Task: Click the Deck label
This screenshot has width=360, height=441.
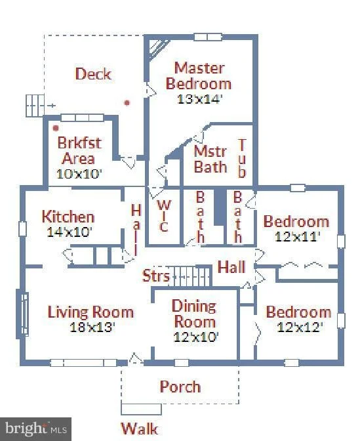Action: click(x=94, y=74)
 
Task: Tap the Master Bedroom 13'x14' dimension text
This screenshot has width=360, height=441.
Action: click(x=200, y=99)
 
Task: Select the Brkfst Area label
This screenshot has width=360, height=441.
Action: click(x=79, y=150)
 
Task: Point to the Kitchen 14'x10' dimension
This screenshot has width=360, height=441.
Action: click(x=70, y=232)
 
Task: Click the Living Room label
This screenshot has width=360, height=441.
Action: click(x=90, y=312)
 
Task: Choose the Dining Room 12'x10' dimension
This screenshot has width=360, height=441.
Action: click(x=196, y=337)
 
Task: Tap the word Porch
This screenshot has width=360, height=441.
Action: click(x=180, y=387)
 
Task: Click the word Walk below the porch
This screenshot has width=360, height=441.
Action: click(x=140, y=429)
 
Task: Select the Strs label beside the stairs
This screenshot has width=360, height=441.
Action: click(x=155, y=276)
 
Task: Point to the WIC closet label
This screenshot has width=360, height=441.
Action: click(x=163, y=216)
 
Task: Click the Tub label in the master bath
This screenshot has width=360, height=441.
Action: click(x=242, y=158)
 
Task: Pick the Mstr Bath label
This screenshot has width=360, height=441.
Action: click(x=210, y=159)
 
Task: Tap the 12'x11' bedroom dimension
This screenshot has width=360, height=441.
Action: click(x=298, y=236)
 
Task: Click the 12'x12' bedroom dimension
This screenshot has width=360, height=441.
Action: click(x=300, y=327)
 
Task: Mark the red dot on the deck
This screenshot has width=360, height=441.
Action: click(x=127, y=102)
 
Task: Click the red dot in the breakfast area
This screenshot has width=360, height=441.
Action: click(x=56, y=128)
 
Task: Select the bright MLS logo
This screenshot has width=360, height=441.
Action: click(x=35, y=429)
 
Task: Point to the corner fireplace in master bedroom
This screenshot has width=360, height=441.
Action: click(x=157, y=49)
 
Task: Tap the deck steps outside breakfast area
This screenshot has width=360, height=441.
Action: click(x=35, y=106)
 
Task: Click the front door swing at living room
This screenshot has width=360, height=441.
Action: click(x=135, y=358)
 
